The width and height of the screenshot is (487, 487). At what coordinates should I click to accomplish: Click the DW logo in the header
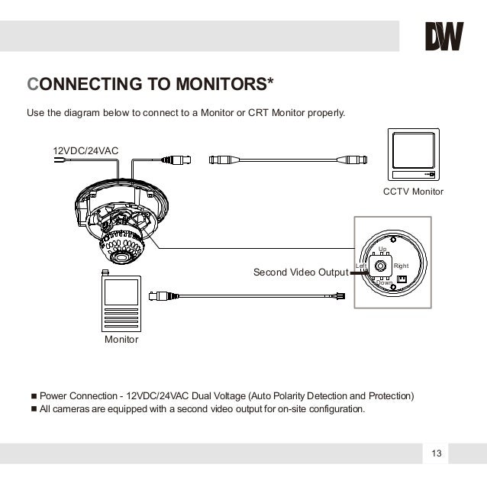[x=443, y=36]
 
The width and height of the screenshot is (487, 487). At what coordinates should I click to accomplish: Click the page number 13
[x=436, y=454]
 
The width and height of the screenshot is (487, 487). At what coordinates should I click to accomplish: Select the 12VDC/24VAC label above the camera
[x=85, y=150]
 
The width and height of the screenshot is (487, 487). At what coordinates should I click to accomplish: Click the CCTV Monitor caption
[x=412, y=192]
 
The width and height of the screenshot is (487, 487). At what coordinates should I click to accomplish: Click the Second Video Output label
[x=300, y=272]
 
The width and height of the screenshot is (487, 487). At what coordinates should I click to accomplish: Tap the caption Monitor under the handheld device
[x=121, y=339]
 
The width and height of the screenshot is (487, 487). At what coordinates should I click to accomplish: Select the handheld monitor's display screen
[x=121, y=291]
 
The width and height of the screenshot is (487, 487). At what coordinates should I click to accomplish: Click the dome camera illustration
[x=122, y=218]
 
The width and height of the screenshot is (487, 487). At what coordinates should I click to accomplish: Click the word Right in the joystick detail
[x=401, y=266]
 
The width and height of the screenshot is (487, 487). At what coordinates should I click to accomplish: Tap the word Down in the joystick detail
[x=384, y=283]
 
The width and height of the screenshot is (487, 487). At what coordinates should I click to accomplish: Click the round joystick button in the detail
[x=380, y=266]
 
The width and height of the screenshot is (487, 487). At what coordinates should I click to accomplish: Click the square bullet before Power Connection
[x=33, y=396]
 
